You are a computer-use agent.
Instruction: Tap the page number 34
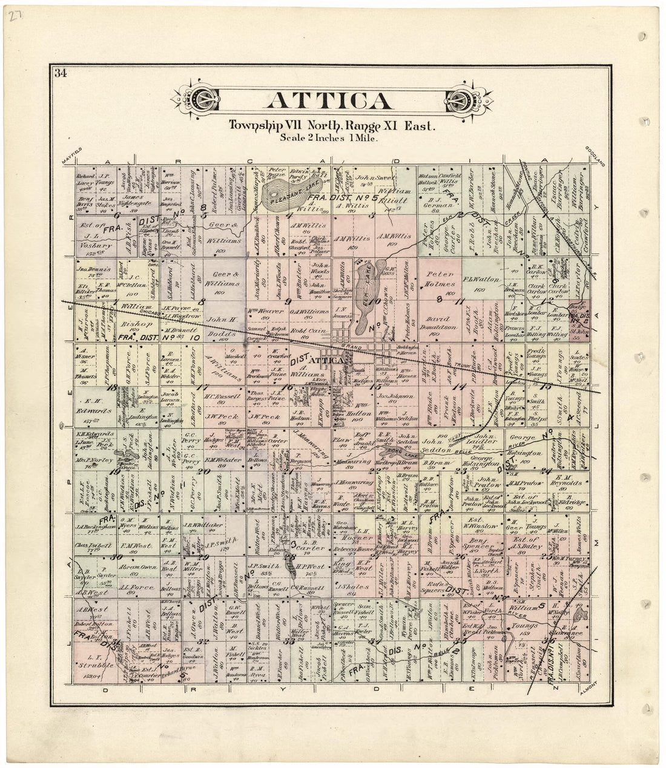[60, 74]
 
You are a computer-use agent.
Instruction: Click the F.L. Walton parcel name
[483, 281]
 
